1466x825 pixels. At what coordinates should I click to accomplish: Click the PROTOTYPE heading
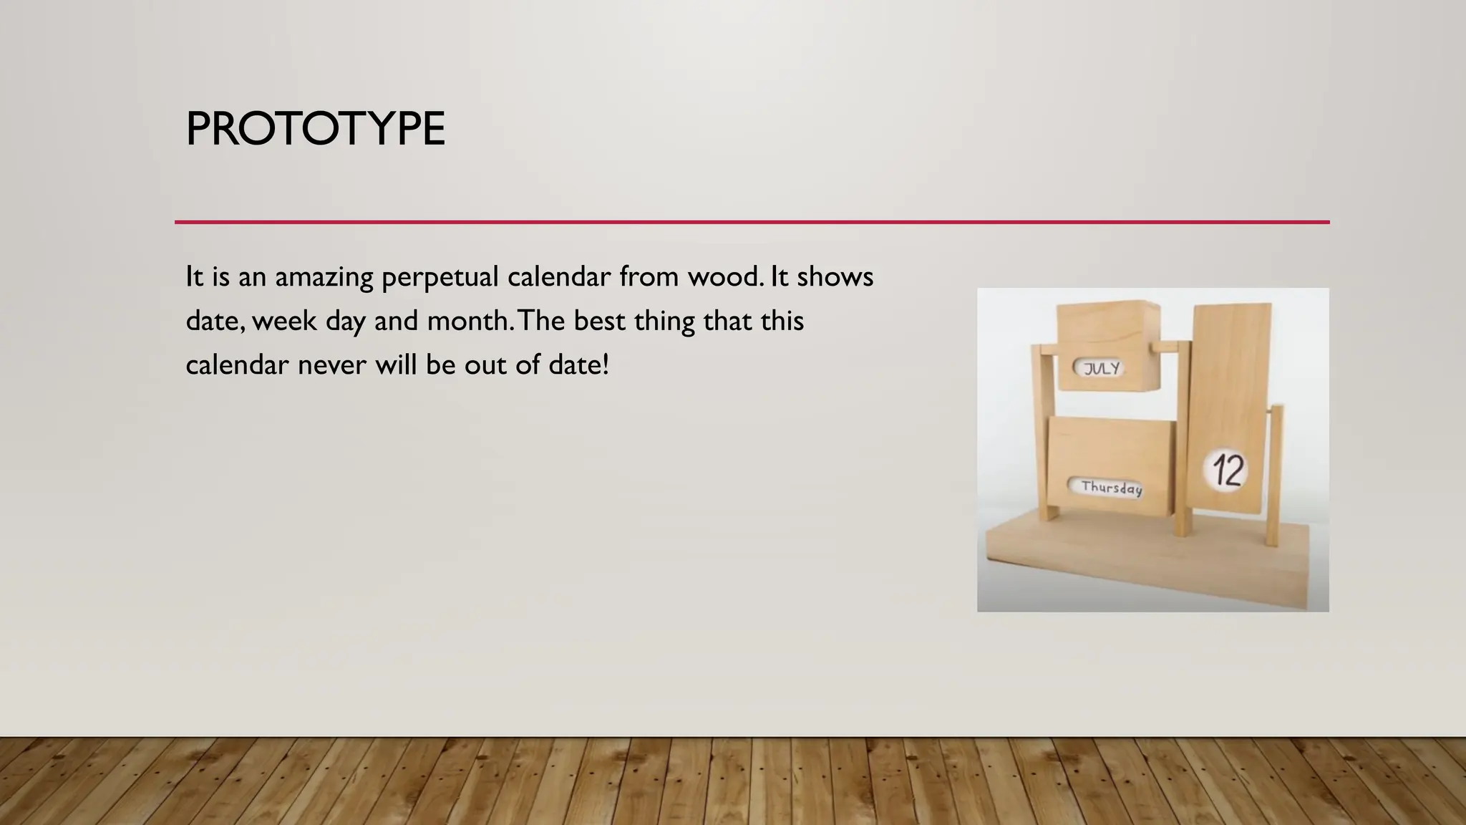tap(315, 129)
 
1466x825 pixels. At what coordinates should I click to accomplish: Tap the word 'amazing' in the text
tap(324, 278)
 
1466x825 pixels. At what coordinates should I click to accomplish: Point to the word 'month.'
tap(470, 321)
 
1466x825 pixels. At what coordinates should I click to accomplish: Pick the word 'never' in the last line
tap(331, 366)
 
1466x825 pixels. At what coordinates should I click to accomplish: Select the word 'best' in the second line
tap(599, 321)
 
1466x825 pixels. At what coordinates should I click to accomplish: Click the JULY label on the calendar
tap(1101, 369)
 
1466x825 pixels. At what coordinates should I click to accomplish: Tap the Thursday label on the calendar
tap(1111, 488)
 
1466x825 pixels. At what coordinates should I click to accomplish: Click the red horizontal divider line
tap(752, 222)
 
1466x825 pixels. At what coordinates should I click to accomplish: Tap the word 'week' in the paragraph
tap(284, 321)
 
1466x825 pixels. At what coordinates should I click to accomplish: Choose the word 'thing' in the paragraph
tap(664, 322)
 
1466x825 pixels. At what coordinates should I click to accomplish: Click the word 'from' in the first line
tap(649, 276)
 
